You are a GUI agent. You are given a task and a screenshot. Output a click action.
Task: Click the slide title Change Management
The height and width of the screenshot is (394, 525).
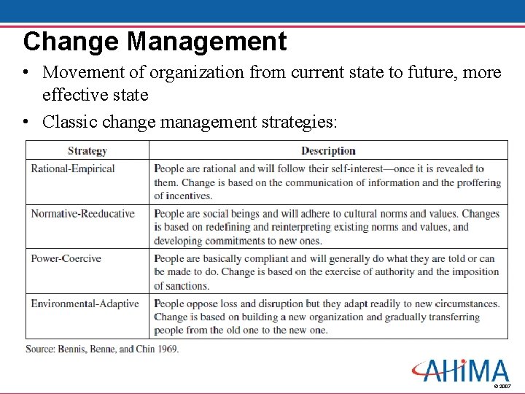(155, 41)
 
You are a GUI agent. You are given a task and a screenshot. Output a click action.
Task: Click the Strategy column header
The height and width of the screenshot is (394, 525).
(87, 151)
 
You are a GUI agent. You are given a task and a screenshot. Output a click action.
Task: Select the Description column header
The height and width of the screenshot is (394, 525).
(328, 151)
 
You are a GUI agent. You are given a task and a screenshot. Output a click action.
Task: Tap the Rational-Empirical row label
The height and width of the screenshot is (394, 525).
(73, 169)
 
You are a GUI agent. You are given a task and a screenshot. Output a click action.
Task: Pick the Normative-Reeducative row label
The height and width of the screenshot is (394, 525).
(82, 214)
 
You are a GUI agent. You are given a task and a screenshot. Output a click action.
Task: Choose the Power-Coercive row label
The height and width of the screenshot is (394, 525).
(66, 258)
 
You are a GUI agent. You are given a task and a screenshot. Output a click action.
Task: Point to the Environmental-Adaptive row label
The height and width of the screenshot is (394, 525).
(85, 304)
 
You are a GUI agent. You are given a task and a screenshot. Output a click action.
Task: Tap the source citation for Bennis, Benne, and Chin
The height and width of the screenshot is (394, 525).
(102, 349)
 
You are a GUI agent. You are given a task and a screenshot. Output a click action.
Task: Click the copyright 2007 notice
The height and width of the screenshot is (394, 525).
(502, 385)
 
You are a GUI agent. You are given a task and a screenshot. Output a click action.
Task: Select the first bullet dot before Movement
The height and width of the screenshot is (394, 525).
(26, 73)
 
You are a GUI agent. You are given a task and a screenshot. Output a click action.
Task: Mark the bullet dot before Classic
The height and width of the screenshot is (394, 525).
(26, 122)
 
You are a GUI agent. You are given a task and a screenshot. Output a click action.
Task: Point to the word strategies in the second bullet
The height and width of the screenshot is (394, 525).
(298, 122)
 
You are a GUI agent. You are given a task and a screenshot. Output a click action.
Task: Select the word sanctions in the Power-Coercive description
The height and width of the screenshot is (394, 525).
(187, 285)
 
